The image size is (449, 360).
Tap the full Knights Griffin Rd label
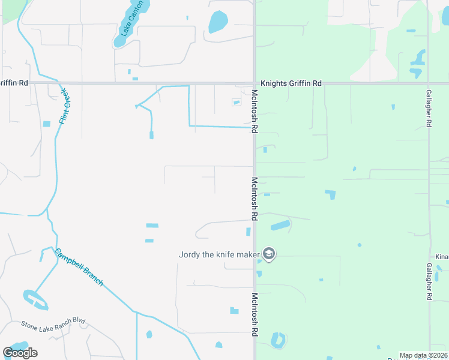pyautogui.click(x=291, y=83)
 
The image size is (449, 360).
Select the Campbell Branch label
pyautogui.click(x=79, y=267)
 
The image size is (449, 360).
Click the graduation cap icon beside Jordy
pyautogui.click(x=269, y=254)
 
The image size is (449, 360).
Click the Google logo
pyautogui.click(x=20, y=352)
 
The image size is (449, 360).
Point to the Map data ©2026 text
pyautogui.click(x=423, y=355)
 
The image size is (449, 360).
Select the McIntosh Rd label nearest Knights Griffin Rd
pyautogui.click(x=255, y=111)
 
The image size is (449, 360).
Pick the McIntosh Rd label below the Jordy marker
pyautogui.click(x=255, y=314)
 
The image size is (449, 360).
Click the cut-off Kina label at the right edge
pyautogui.click(x=442, y=257)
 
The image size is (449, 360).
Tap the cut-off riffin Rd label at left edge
pyautogui.click(x=14, y=83)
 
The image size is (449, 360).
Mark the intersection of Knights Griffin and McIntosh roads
pyautogui.click(x=255, y=83)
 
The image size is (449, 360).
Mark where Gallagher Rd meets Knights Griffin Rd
pyautogui.click(x=429, y=83)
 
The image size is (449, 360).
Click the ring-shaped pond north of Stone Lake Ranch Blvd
pyautogui.click(x=34, y=299)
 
